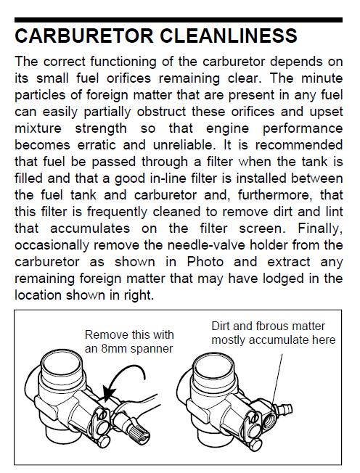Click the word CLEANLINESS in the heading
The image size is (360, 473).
(229, 36)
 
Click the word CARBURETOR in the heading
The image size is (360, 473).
(84, 36)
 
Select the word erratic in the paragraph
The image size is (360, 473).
(97, 145)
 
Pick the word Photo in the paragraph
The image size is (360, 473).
(205, 262)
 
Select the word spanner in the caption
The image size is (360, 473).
(152, 350)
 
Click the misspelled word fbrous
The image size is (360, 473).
(267, 326)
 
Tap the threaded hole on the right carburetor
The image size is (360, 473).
(269, 419)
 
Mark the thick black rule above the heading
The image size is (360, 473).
(179, 20)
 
